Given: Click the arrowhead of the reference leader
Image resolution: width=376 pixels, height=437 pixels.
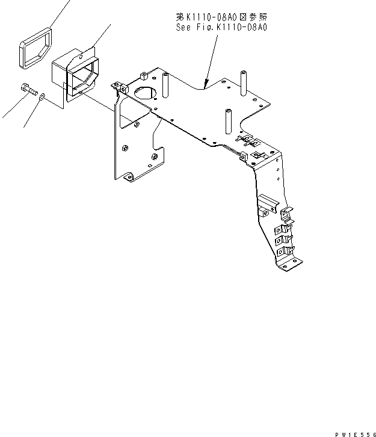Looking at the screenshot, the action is [206, 85].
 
